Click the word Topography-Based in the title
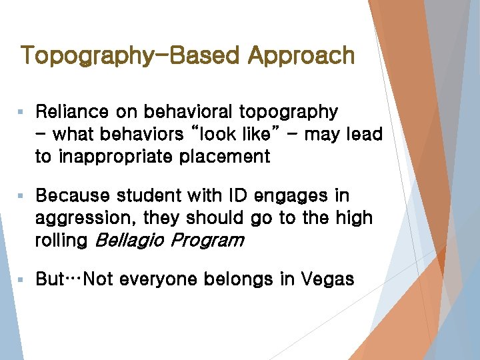(x=131, y=55)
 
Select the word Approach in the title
(x=301, y=55)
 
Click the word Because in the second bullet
(x=73, y=195)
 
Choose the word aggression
(x=82, y=218)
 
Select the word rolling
(x=61, y=241)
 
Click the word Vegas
(x=327, y=279)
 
